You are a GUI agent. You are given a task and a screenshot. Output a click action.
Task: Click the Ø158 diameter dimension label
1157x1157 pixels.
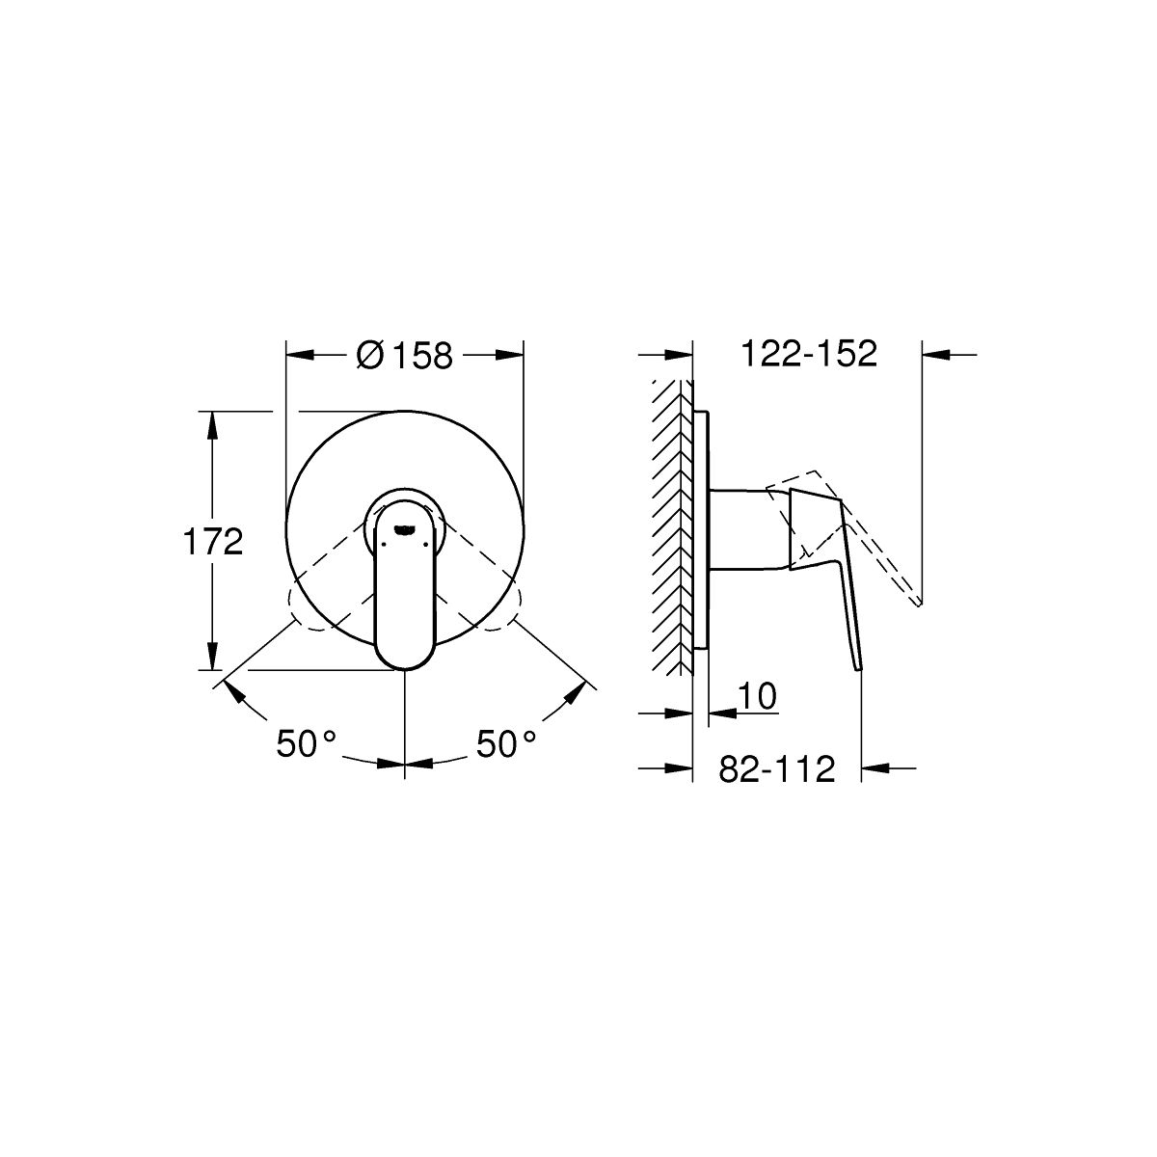pos(404,355)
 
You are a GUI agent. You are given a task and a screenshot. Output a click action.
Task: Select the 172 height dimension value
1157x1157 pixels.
pos(213,542)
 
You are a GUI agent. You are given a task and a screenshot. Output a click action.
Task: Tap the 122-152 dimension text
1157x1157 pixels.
pos(809,354)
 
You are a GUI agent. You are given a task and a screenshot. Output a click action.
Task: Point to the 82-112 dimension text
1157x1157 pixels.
pos(777,768)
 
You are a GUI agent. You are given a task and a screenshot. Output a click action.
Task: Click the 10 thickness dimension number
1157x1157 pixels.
pos(757,696)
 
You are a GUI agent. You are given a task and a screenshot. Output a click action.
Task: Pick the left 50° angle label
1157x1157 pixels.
pos(306,744)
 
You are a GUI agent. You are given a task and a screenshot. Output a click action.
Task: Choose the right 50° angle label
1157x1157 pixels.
pos(505,744)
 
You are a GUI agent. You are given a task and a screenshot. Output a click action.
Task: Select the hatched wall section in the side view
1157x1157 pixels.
pos(672,528)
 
